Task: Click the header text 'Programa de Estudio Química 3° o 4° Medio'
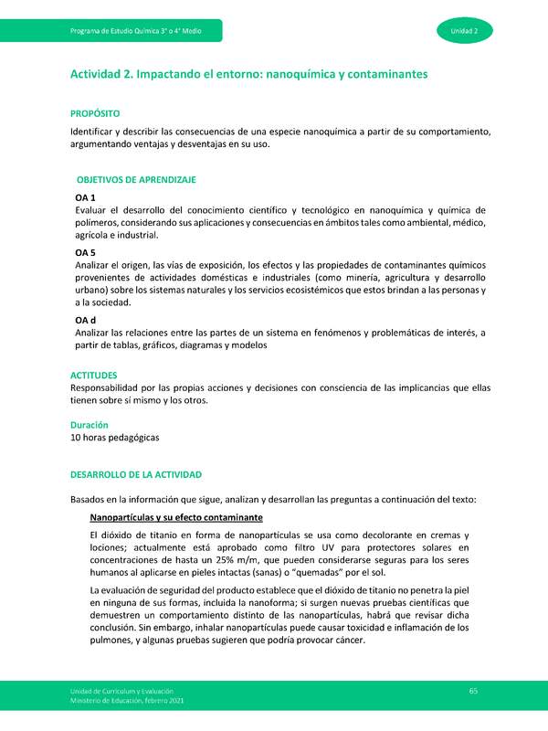[135, 32]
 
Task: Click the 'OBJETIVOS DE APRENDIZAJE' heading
[136, 181]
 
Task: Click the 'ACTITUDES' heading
[94, 375]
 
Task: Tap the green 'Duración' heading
[90, 425]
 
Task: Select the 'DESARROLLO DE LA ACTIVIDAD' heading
[135, 475]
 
